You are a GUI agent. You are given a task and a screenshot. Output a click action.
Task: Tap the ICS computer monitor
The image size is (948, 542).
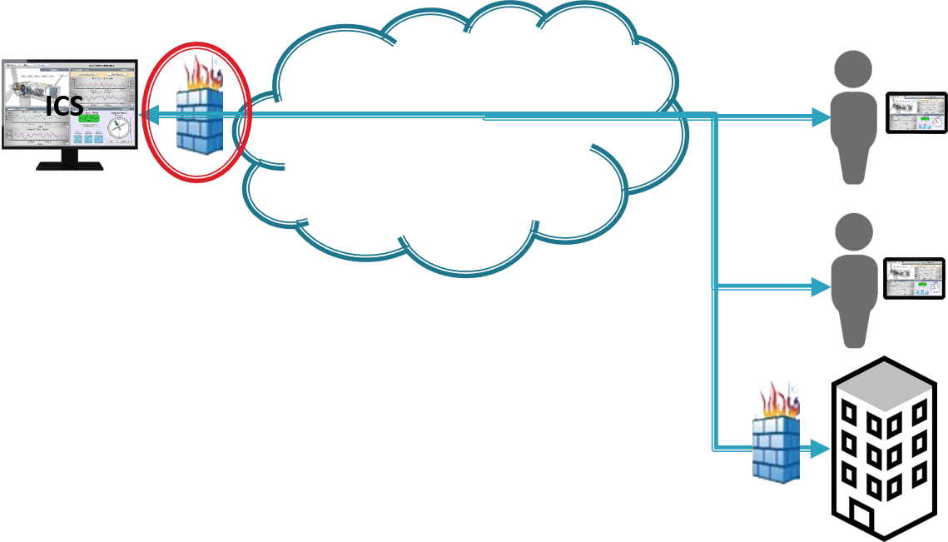click(70, 104)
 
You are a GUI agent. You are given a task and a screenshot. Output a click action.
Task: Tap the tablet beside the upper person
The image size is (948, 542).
click(916, 113)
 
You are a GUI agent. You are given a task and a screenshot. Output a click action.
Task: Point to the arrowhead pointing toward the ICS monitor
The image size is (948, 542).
click(152, 117)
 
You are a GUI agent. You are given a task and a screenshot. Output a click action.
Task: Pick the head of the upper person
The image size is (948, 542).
click(855, 67)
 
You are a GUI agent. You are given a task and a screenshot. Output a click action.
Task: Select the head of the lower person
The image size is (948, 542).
click(855, 229)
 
